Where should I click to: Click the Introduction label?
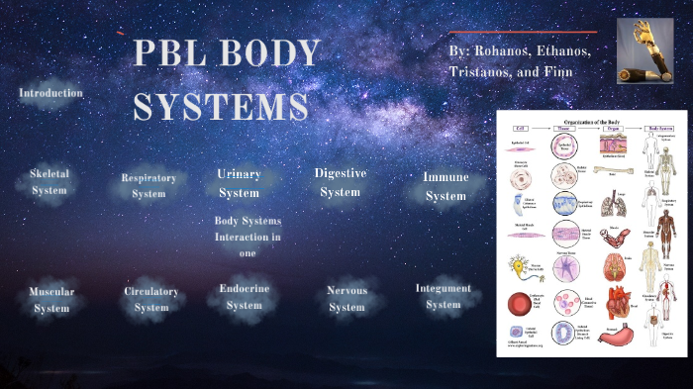point(50,93)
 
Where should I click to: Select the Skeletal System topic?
point(49,182)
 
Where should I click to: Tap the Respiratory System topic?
point(148,185)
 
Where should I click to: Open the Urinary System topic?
point(239,183)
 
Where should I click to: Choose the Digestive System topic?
point(340,182)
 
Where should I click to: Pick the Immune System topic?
point(445,186)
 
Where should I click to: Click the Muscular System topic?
point(51,300)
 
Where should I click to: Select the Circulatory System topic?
point(151,300)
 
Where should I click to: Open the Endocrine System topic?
point(245,298)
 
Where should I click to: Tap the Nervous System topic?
point(346,299)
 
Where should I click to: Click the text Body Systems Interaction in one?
point(247,238)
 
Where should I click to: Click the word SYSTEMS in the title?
point(220,107)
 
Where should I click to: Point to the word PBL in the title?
point(166,53)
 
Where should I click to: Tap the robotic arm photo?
point(644,50)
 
